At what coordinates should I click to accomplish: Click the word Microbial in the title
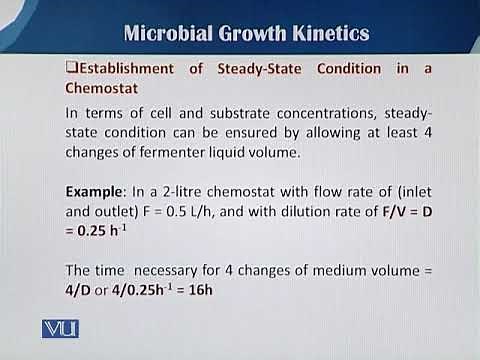pyautogui.click(x=163, y=34)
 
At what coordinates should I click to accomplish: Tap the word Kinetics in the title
pyautogui.click(x=327, y=34)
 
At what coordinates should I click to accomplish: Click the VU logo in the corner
pyautogui.click(x=60, y=328)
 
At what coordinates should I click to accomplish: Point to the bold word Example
pyautogui.click(x=96, y=190)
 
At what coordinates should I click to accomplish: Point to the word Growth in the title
pyautogui.click(x=243, y=34)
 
